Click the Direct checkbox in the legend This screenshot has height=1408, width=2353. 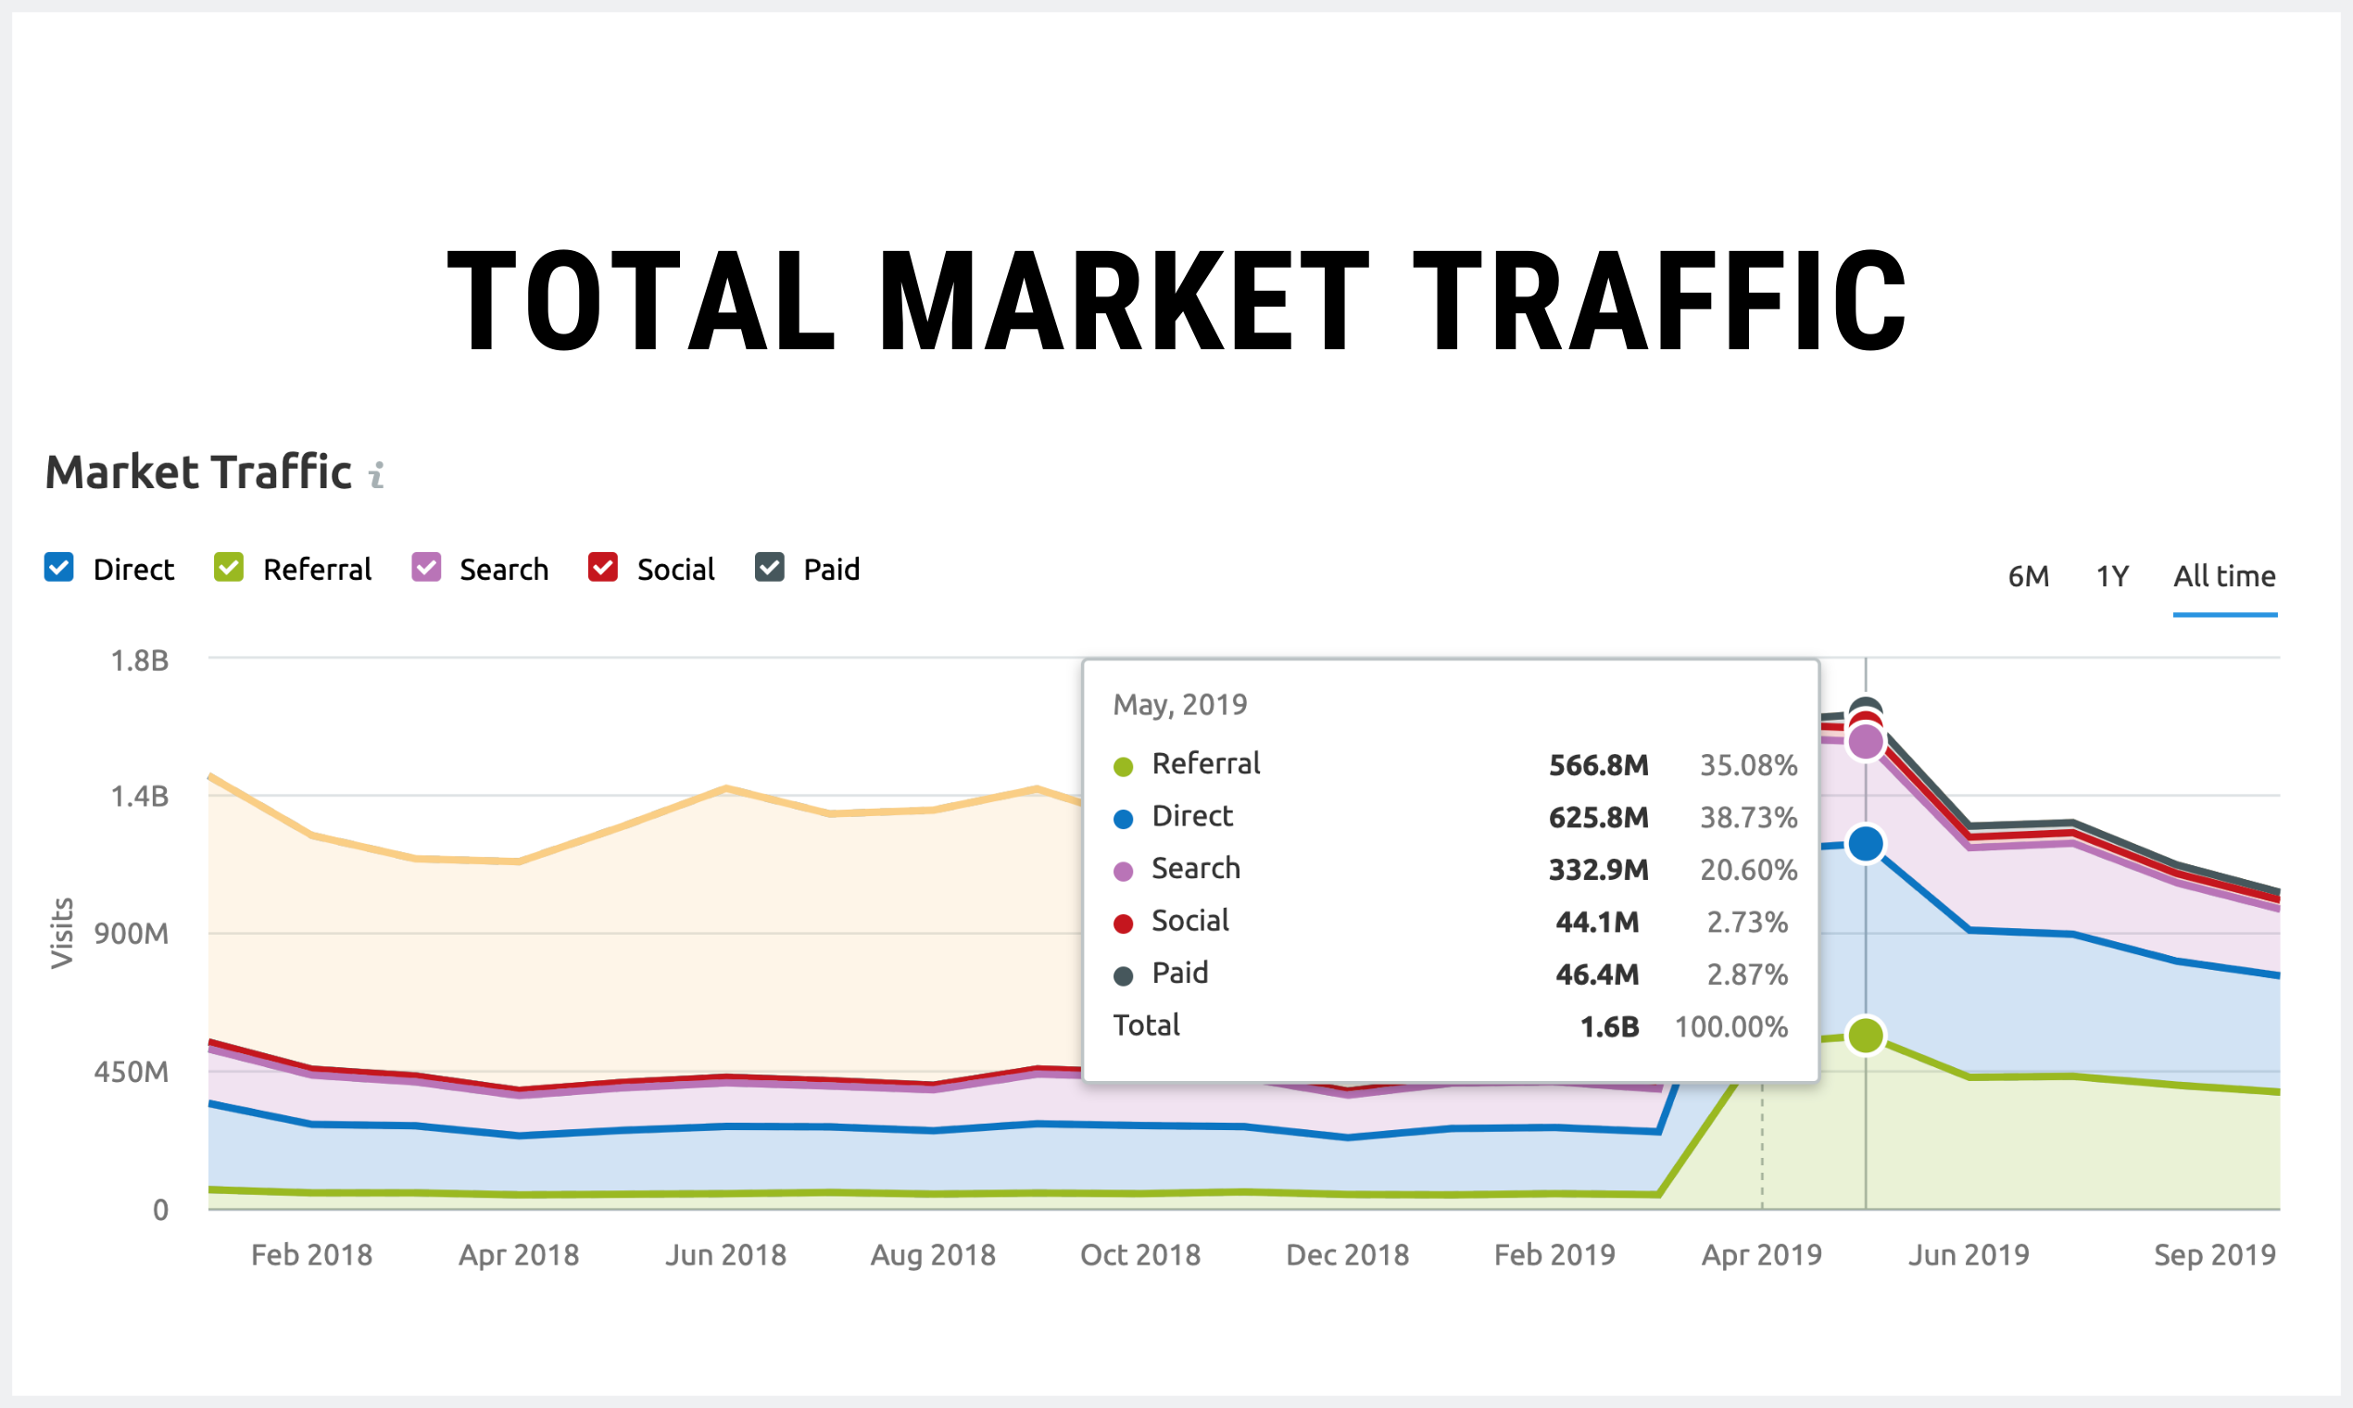pos(59,568)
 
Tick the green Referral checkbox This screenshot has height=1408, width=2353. pos(229,568)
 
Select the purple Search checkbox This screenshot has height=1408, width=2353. pos(426,568)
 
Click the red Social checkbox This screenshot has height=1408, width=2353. pos(602,568)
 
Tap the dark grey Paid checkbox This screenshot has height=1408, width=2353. pos(770,568)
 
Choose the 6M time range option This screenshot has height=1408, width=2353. pos(2029,576)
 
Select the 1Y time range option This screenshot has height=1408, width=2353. pos(2112,576)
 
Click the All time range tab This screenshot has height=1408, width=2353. pos(2224,576)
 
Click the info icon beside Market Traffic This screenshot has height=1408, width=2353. pos(377,474)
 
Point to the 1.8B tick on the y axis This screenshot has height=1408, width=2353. pos(140,660)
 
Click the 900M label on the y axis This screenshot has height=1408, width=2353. pos(131,934)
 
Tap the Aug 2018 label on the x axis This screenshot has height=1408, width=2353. pos(933,1255)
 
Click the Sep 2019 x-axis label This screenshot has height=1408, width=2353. pos(2214,1255)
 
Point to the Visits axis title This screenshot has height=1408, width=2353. pos(62,933)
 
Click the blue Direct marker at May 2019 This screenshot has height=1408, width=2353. pos(1866,844)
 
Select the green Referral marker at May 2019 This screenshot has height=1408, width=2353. pos(1866,1035)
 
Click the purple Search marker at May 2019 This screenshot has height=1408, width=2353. pos(1866,742)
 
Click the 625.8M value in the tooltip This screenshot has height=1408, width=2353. pos(1598,818)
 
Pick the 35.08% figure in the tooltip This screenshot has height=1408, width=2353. pos(1748,766)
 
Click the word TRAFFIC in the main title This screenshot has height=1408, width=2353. pos(1659,301)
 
